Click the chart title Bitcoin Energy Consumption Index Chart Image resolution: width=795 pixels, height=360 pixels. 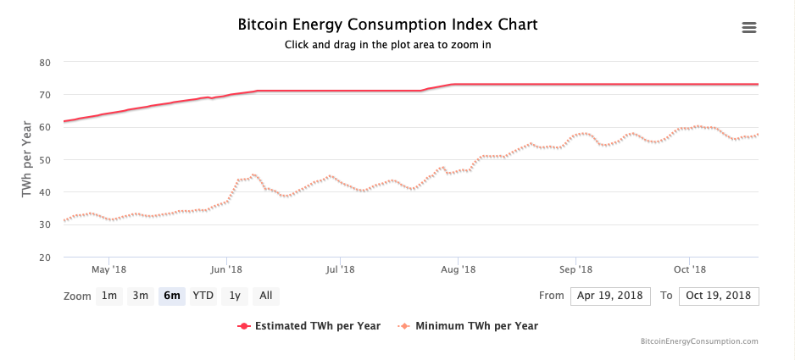(x=388, y=25)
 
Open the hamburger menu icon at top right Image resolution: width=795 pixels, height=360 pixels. (x=748, y=28)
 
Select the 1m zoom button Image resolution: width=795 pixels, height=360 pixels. (x=109, y=296)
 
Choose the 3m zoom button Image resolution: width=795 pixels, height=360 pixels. (x=141, y=296)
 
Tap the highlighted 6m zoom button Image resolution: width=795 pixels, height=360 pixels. (x=172, y=296)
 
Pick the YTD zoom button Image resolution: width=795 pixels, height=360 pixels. (x=203, y=296)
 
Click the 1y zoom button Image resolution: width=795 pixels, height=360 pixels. (x=235, y=296)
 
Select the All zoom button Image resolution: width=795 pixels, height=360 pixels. (x=266, y=296)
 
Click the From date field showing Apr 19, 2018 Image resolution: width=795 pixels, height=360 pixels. (x=610, y=296)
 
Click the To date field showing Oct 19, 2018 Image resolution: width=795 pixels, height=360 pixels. (x=717, y=296)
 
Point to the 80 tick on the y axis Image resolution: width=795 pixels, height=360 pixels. (x=46, y=63)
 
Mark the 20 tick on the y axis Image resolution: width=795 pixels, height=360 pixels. (x=46, y=258)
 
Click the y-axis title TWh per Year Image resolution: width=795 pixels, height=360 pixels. (x=27, y=160)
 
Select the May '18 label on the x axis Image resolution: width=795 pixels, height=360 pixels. (x=108, y=269)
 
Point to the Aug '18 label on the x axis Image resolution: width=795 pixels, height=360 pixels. (x=459, y=269)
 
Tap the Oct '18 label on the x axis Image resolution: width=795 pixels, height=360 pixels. (x=690, y=269)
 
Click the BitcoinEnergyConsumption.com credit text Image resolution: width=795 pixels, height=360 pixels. (x=699, y=341)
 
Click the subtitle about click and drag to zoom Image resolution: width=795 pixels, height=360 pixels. (x=388, y=45)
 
